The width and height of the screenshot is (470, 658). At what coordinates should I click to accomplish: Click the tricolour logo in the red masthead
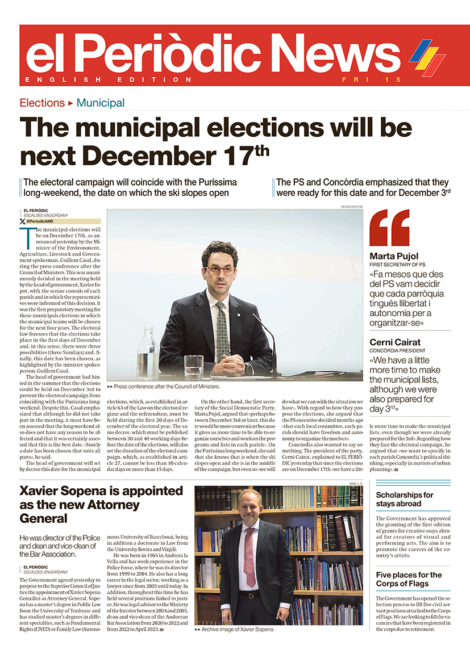tap(427, 58)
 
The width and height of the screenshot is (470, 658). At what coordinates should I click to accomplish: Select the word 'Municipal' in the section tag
tap(101, 103)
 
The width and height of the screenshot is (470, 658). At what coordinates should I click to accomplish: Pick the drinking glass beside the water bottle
tap(193, 366)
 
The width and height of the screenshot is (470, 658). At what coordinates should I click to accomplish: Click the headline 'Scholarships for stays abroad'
tap(404, 499)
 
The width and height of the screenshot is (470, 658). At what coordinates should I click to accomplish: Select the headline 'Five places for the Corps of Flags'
tap(409, 579)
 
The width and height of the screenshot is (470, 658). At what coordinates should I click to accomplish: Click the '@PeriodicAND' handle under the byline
tap(40, 221)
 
